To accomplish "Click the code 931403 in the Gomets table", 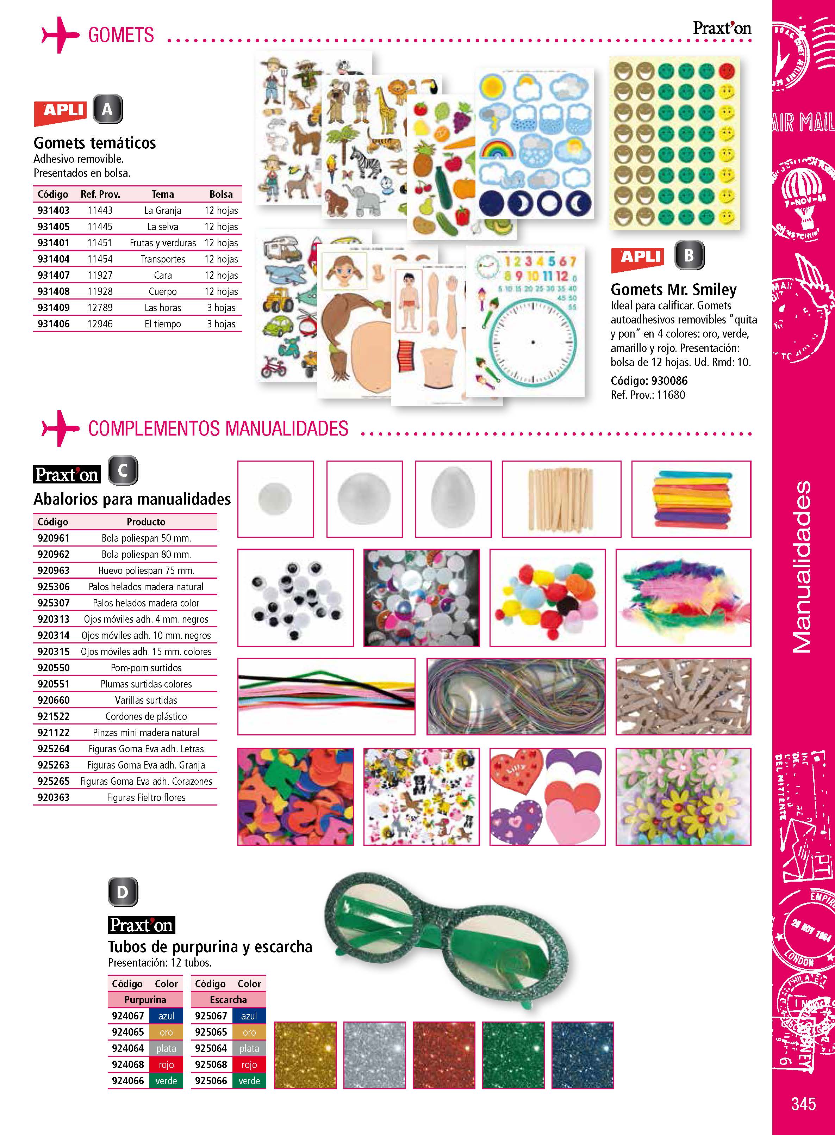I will pyautogui.click(x=54, y=210).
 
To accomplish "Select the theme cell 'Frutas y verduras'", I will pyautogui.click(x=163, y=243).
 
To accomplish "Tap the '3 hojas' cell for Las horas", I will pyautogui.click(x=221, y=308).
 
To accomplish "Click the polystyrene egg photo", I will pyautogui.click(x=453, y=499).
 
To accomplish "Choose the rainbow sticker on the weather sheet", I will pyautogui.click(x=498, y=149).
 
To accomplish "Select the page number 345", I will pyautogui.click(x=803, y=1103).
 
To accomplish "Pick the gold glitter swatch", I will pyautogui.click(x=305, y=1055).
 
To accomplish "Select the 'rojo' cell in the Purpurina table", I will pyautogui.click(x=166, y=1064).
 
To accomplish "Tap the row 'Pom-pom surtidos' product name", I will pyautogui.click(x=146, y=668).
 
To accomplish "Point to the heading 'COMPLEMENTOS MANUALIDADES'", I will pyautogui.click(x=218, y=428).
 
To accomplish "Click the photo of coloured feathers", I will pyautogui.click(x=683, y=597).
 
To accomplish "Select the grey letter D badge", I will pyautogui.click(x=122, y=892).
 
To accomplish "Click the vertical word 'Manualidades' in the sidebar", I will pyautogui.click(x=802, y=567).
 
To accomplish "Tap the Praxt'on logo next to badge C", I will pyautogui.click(x=67, y=474).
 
